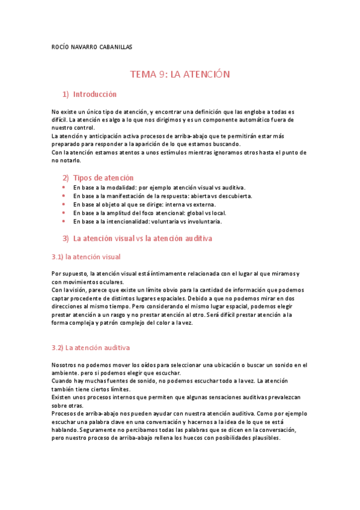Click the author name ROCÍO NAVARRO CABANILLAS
coord(92,47)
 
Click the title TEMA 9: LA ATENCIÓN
coord(180,74)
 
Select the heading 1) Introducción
coord(90,94)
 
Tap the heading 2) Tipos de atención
coord(98,178)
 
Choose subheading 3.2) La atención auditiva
coord(91,348)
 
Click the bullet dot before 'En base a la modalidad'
coord(64,188)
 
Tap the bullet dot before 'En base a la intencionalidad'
coord(64,221)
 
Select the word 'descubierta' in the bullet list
coord(235,196)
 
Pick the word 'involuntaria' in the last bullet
coord(203,221)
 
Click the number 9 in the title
coord(162,74)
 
